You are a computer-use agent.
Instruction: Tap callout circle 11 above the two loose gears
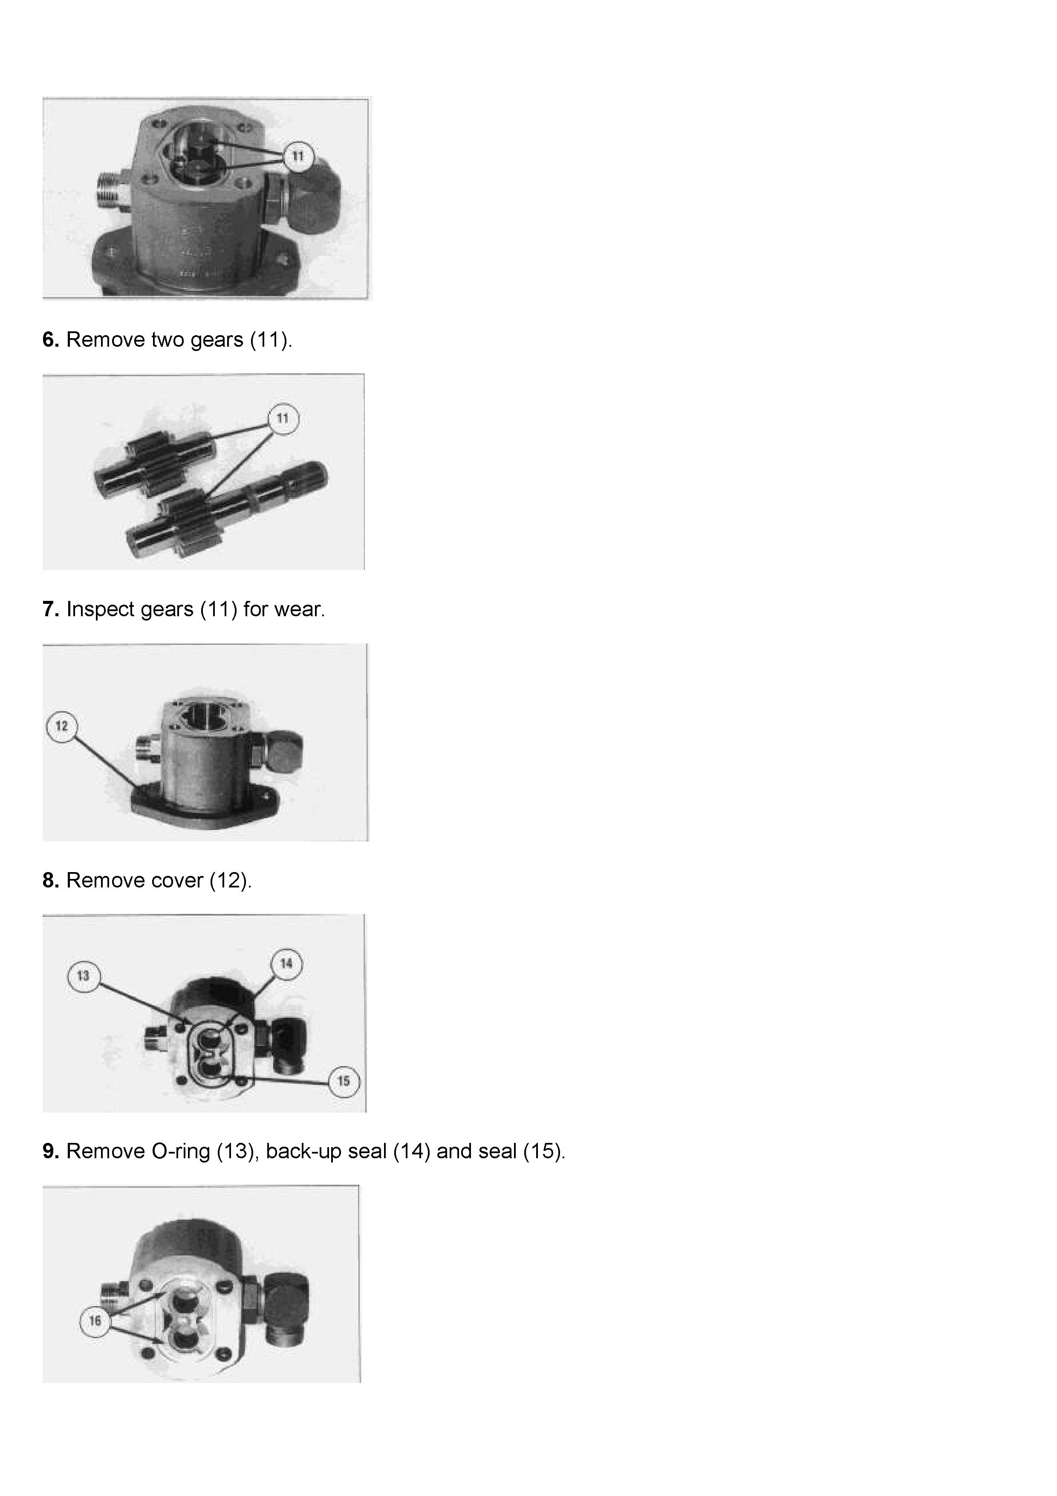(283, 418)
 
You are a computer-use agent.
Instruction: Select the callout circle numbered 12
(62, 726)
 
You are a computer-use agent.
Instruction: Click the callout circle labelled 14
(286, 964)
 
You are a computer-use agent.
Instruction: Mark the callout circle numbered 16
(95, 1321)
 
